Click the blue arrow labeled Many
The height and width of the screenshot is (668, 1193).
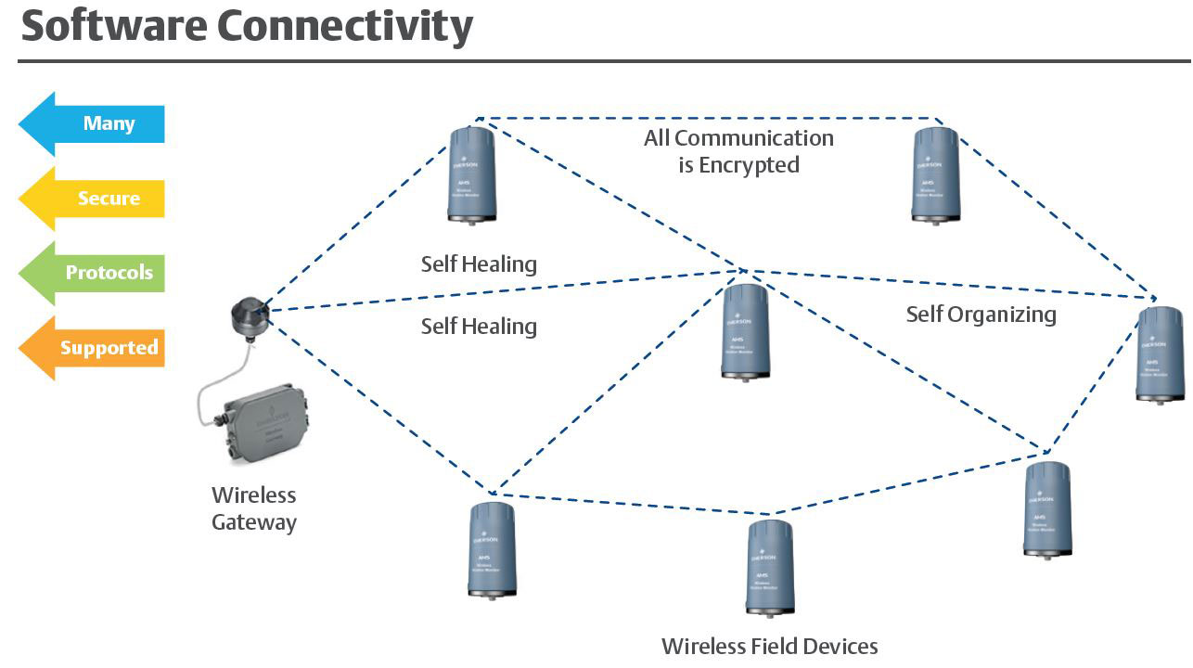pyautogui.click(x=93, y=123)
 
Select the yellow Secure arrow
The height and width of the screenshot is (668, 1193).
pyautogui.click(x=93, y=199)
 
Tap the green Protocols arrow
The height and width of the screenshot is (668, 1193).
pyautogui.click(x=93, y=273)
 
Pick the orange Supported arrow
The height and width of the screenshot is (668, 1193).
pyautogui.click(x=93, y=348)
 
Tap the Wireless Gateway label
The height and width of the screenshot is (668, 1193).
pyautogui.click(x=254, y=508)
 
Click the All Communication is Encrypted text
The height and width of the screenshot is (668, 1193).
pyautogui.click(x=738, y=151)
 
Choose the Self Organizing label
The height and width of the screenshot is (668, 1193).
pyautogui.click(x=981, y=315)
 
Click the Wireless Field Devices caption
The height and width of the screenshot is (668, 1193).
pyautogui.click(x=769, y=646)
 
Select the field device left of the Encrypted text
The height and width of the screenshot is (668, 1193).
pyautogui.click(x=471, y=175)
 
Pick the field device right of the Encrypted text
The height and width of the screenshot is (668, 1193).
pyautogui.click(x=935, y=175)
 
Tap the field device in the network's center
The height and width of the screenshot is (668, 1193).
pyautogui.click(x=745, y=331)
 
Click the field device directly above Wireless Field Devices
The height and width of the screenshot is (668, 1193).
pyautogui.click(x=769, y=567)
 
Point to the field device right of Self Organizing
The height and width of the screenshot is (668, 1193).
pyautogui.click(x=1161, y=353)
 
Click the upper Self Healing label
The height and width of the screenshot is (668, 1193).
pyautogui.click(x=479, y=264)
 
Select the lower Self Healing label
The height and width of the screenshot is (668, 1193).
pyautogui.click(x=479, y=327)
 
